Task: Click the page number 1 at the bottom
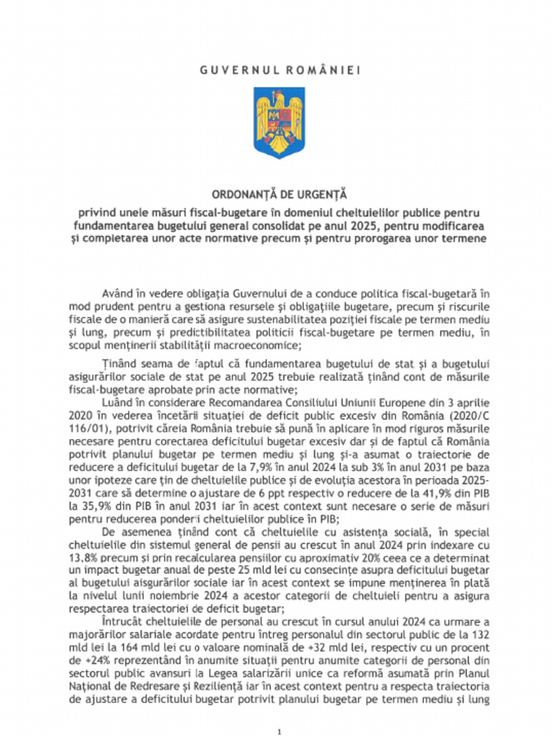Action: click(x=278, y=731)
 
